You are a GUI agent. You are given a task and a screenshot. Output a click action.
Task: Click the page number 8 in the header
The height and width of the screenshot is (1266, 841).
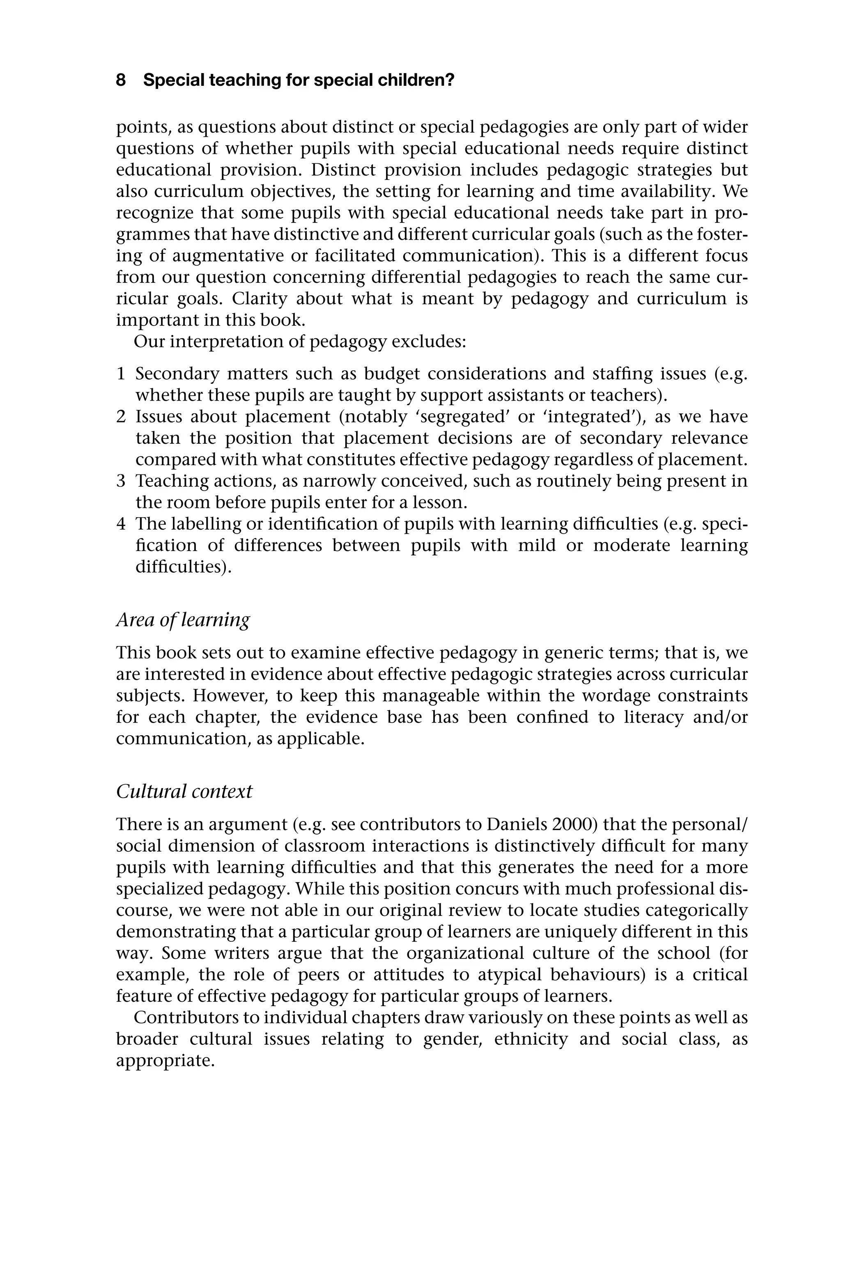point(121,80)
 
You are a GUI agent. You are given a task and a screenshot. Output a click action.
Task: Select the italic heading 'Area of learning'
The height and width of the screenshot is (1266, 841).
point(183,620)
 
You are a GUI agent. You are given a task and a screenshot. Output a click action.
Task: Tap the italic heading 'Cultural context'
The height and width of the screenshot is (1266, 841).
point(184,791)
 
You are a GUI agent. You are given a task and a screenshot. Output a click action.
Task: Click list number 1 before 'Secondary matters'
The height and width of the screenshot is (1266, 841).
point(121,374)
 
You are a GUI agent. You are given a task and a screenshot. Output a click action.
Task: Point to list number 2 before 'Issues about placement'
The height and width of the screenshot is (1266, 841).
point(121,417)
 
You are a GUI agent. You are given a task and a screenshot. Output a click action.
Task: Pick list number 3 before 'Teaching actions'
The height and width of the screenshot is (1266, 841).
point(121,481)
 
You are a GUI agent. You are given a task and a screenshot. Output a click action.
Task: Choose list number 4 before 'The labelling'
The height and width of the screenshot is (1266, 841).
point(121,524)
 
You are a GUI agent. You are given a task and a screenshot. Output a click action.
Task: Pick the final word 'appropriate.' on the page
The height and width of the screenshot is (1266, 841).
point(165,1060)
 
